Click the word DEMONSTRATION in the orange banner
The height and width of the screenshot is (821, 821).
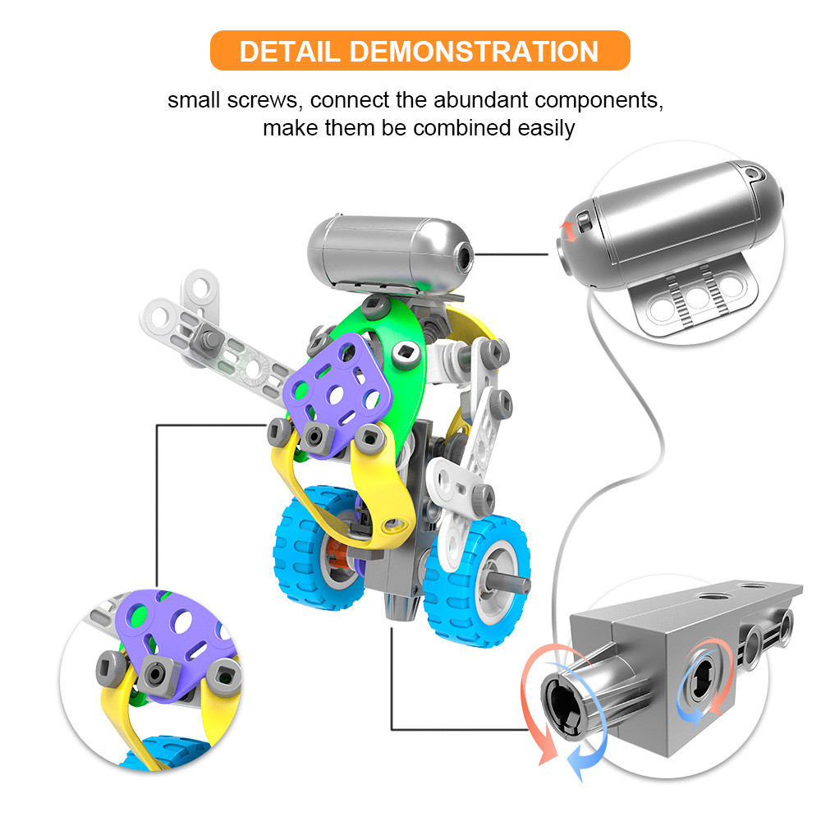[x=475, y=51]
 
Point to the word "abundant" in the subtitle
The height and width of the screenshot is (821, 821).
[x=480, y=100]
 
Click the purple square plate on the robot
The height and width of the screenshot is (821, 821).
[x=337, y=392]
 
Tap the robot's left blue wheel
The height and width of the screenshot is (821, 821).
[x=312, y=547]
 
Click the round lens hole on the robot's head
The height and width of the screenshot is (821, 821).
[x=463, y=256]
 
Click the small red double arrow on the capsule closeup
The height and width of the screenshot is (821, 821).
[x=569, y=232]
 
